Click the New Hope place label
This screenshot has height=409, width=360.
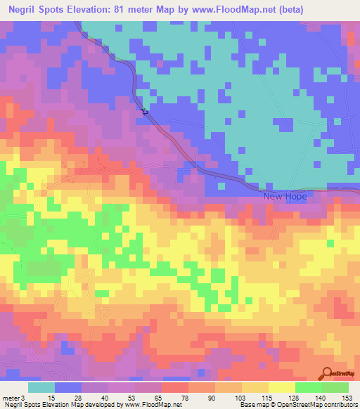click(285, 196)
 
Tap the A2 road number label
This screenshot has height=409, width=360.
click(145, 111)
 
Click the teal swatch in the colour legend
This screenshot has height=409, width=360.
click(41, 387)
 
